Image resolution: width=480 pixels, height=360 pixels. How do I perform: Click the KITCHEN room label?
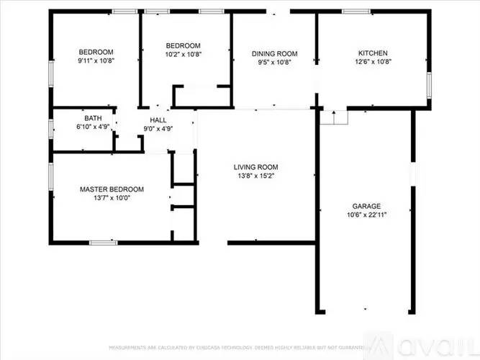[373, 53]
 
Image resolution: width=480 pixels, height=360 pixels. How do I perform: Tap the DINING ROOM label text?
[274, 53]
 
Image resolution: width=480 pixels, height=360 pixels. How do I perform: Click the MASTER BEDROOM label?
[112, 189]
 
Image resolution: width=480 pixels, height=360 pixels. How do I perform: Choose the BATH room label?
[93, 118]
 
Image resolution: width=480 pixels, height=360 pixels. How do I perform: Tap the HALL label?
[158, 120]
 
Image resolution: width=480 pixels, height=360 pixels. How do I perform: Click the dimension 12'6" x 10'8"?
[373, 63]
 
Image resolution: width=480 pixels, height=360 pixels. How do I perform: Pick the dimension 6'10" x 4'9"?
[93, 127]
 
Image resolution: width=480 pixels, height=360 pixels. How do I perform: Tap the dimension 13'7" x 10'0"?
[112, 199]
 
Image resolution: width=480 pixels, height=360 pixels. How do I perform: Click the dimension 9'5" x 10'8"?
[274, 63]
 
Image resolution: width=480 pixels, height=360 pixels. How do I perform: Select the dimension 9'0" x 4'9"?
[158, 129]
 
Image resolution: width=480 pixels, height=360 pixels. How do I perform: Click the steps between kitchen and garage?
[333, 117]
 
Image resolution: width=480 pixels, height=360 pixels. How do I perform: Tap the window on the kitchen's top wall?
[356, 12]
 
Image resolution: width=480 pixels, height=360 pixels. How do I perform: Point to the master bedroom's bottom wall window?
[103, 242]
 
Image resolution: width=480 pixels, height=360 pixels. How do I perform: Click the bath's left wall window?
[50, 129]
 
